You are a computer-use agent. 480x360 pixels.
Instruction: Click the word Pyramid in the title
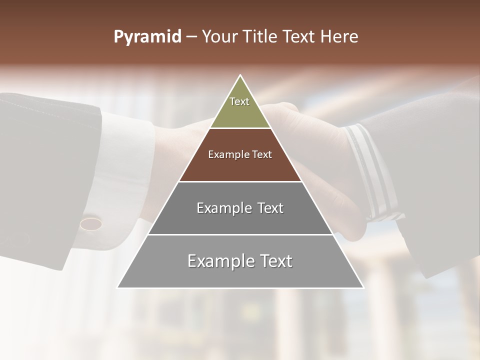[147, 37]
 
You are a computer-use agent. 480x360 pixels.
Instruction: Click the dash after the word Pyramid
[191, 37]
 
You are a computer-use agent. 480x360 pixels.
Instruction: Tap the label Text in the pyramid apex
[239, 101]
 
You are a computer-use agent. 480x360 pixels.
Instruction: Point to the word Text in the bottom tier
[275, 261]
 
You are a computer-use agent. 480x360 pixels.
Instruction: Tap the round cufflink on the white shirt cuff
[91, 222]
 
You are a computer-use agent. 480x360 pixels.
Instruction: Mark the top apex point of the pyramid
[240, 75]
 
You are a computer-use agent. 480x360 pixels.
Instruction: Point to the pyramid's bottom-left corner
[117, 287]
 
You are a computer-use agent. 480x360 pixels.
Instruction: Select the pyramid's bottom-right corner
[363, 287]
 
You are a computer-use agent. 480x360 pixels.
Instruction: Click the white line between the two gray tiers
[240, 234]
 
